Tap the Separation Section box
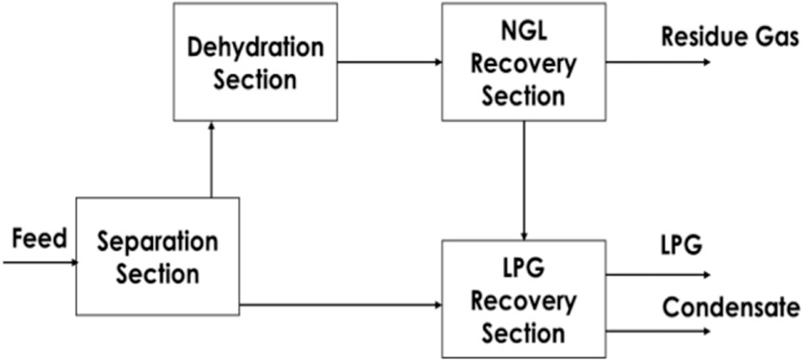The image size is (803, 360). pos(157,256)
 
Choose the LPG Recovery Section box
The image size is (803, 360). pos(522,299)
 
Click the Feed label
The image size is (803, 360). pos(40,239)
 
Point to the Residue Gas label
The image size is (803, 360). pos(729,38)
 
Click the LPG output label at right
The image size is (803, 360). pos(681,246)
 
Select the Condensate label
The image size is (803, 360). pos(731,307)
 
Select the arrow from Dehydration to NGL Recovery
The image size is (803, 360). pos(389,61)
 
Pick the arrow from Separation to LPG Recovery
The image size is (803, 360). pos(341,304)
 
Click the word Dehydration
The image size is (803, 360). pos(255,48)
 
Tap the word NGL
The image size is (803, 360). pos(522,34)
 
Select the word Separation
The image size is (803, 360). pos(157,242)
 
